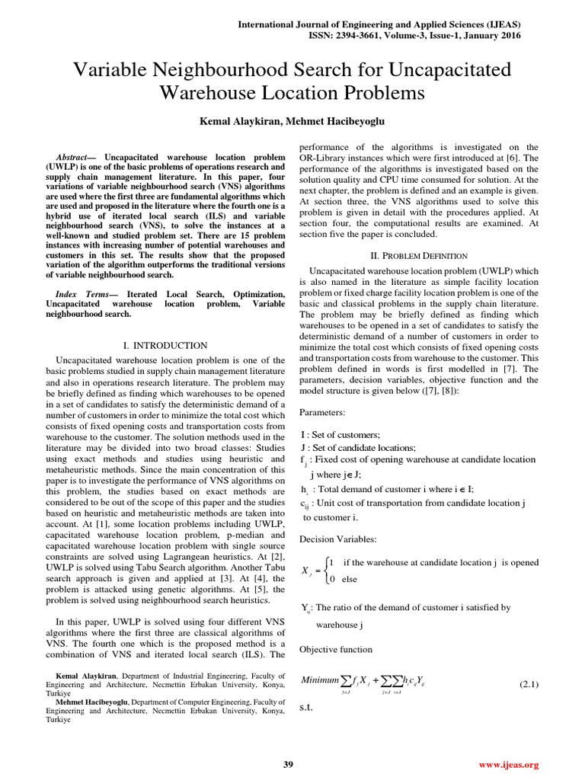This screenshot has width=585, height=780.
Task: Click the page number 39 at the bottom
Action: [x=288, y=764]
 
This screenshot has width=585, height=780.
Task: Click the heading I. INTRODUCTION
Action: [x=165, y=345]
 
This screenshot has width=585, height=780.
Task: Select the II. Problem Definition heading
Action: [x=418, y=255]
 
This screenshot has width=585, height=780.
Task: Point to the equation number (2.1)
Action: [x=529, y=684]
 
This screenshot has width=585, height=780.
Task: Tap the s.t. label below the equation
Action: [x=306, y=708]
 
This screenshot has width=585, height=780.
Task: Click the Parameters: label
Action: [x=322, y=412]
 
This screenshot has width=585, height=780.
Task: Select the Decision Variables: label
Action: [x=337, y=539]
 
